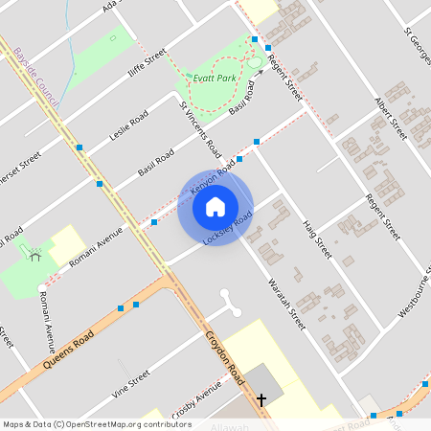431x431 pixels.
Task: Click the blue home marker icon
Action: [215, 207]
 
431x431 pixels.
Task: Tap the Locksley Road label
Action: [229, 227]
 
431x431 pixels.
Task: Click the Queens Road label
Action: [70, 353]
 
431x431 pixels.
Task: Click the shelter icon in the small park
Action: [35, 255]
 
